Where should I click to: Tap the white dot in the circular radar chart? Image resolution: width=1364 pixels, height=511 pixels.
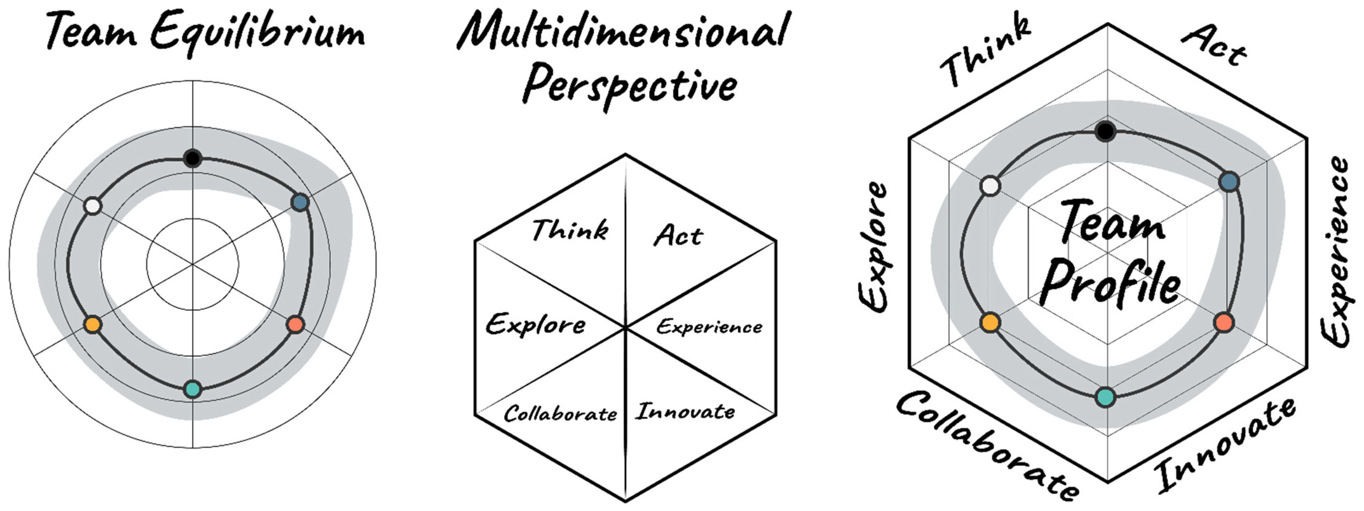(93, 206)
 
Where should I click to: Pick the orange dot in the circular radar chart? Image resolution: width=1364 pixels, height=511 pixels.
(93, 324)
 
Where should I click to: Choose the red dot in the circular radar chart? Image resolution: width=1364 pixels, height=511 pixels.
(295, 324)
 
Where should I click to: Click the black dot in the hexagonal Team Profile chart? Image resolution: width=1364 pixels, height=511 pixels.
(1106, 131)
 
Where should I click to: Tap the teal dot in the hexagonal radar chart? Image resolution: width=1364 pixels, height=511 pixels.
(1105, 397)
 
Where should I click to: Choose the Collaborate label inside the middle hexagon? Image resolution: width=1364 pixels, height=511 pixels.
(560, 414)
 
